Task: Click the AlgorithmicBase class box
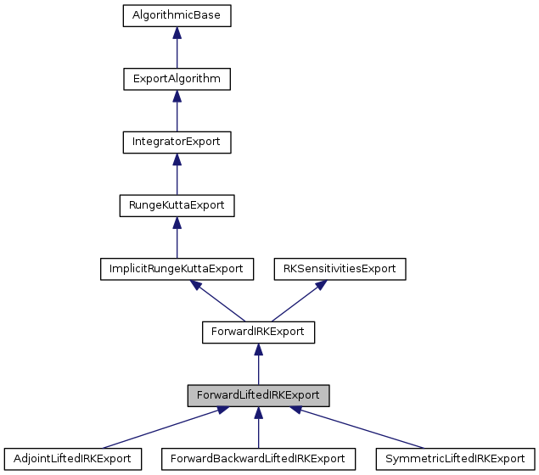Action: (177, 15)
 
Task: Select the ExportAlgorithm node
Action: (177, 79)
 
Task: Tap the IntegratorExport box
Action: (177, 142)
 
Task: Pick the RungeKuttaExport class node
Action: (177, 205)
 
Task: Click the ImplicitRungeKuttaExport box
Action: (177, 268)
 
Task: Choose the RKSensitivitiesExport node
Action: (340, 268)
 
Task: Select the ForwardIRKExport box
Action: (258, 332)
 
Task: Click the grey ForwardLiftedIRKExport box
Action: (258, 395)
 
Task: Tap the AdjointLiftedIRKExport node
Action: (71, 459)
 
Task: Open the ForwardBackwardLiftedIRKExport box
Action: (258, 459)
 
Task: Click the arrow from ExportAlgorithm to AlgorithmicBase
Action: (177, 47)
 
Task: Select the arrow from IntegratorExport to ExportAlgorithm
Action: (177, 110)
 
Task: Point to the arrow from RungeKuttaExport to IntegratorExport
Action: (177, 174)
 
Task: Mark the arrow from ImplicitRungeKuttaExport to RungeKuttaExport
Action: (177, 237)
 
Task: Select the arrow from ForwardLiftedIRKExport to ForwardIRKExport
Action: (258, 364)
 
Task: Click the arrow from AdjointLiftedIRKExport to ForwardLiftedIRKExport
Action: (161, 427)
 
